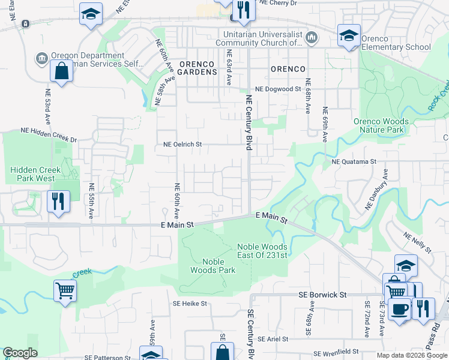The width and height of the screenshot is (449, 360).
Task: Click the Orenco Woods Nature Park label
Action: click(x=381, y=125)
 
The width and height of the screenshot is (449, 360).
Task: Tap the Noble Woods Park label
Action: click(x=213, y=266)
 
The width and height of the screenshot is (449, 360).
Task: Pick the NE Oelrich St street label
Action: click(x=182, y=145)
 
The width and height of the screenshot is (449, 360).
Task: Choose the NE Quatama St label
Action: click(x=354, y=161)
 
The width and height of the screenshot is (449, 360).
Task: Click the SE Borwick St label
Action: click(x=323, y=295)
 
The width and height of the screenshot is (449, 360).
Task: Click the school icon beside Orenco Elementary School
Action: click(x=349, y=35)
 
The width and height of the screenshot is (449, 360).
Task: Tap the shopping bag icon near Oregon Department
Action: click(x=62, y=71)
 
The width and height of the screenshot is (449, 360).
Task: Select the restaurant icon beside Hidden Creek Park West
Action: click(x=59, y=201)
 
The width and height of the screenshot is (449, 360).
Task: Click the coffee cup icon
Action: click(x=399, y=309)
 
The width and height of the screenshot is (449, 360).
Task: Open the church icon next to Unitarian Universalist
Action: click(x=311, y=38)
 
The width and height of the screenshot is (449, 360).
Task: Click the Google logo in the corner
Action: click(x=20, y=353)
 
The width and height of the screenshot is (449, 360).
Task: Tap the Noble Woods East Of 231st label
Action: click(x=262, y=250)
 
